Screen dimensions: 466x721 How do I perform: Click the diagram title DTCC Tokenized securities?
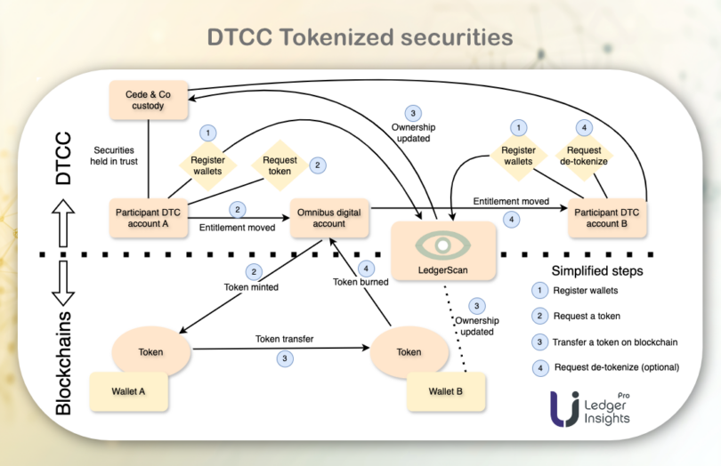pyautogui.click(x=360, y=37)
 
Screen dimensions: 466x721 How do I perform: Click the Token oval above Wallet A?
pyautogui.click(x=150, y=351)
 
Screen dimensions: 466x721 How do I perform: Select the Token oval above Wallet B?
pyautogui.click(x=409, y=351)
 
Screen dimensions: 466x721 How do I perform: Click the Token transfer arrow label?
pyautogui.click(x=284, y=338)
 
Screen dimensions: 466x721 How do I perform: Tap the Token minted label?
pyautogui.click(x=252, y=287)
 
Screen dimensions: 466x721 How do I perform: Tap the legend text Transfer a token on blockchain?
pyautogui.click(x=617, y=341)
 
